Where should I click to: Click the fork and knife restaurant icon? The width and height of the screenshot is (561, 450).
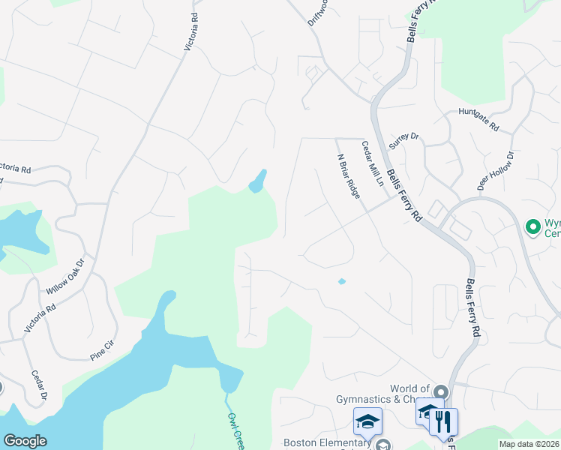(x=443, y=421)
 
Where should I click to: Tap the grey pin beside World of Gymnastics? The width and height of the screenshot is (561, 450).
(x=440, y=392)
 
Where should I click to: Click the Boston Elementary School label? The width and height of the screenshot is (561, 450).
(x=327, y=443)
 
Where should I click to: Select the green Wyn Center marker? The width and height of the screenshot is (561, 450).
(x=533, y=226)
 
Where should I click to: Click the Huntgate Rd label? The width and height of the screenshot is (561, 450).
(x=479, y=120)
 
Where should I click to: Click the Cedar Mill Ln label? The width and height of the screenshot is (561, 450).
(x=372, y=163)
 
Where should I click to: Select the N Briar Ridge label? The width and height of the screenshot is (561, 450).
(x=348, y=176)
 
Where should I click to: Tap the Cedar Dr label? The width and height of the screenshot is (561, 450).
(x=39, y=385)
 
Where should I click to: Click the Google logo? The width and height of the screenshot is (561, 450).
(x=25, y=442)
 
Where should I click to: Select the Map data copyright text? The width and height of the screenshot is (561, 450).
(x=528, y=444)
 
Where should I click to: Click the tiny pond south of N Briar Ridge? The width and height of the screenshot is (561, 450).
(x=341, y=282)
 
